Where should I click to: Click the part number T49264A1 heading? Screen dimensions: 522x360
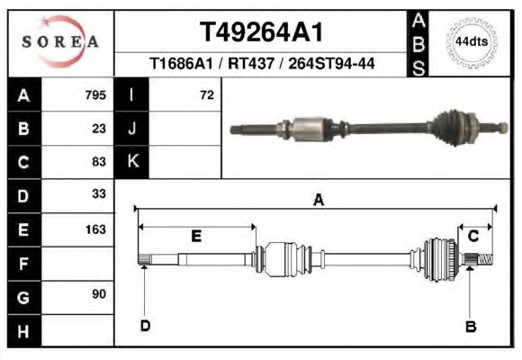pos(261,32)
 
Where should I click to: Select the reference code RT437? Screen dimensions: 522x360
pos(251,63)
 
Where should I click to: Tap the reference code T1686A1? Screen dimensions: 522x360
pos(181,63)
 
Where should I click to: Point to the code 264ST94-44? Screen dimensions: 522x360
pos(331,63)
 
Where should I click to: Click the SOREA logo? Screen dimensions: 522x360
pos(60,41)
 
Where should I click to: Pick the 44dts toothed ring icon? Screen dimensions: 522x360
pos(472,42)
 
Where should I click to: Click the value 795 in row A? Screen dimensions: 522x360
pos(95,95)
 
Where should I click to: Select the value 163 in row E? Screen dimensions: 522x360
pos(95,229)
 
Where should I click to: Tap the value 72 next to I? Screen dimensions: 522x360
pos(207,95)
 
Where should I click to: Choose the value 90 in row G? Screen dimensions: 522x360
pos(99,293)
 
